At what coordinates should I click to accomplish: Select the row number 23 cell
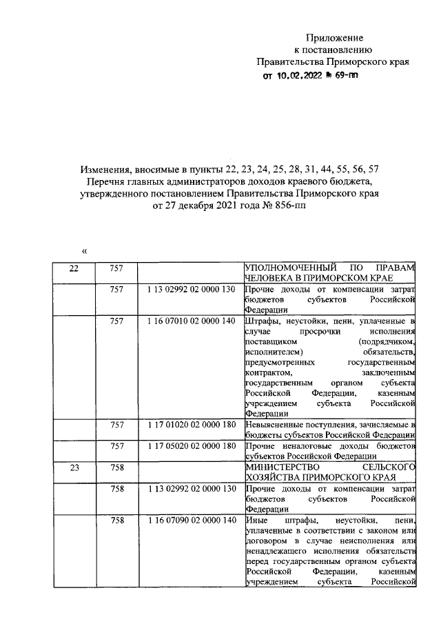[x=74, y=468]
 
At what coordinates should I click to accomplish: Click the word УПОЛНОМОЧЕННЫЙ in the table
[x=282, y=268]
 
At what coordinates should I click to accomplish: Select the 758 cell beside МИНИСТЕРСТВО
[x=116, y=468]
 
